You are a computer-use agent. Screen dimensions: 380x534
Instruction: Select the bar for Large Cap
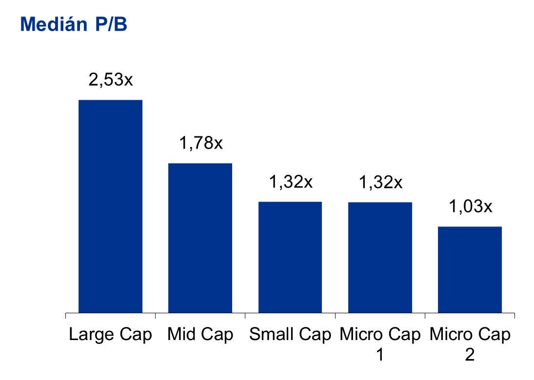[x=110, y=206]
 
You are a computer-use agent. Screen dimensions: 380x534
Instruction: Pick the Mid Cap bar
[x=200, y=238]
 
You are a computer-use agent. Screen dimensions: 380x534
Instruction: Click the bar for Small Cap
[x=290, y=257]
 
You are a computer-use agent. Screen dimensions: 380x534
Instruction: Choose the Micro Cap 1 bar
[x=380, y=257]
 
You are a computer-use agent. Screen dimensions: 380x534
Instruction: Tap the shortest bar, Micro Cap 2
[x=470, y=269]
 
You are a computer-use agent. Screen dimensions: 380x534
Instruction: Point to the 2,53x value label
[x=110, y=79]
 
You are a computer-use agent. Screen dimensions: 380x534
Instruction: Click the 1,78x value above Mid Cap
[x=200, y=143]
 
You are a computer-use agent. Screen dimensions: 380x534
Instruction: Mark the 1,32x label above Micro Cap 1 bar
[x=380, y=182]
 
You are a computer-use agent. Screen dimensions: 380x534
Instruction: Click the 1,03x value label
[x=470, y=206]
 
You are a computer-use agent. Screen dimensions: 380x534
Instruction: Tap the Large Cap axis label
[x=110, y=335]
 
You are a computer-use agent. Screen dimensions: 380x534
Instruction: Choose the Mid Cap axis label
[x=200, y=335]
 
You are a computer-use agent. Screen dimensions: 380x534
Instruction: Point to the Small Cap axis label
[x=290, y=335]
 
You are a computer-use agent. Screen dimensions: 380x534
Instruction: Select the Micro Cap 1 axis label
[x=380, y=342]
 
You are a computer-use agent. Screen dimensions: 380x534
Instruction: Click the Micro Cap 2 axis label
[x=470, y=342]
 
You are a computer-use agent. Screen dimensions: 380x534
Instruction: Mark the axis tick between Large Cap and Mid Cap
[x=155, y=316]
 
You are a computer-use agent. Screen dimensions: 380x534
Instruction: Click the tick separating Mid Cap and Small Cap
[x=245, y=316]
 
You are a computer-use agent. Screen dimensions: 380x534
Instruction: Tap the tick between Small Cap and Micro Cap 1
[x=335, y=316]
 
